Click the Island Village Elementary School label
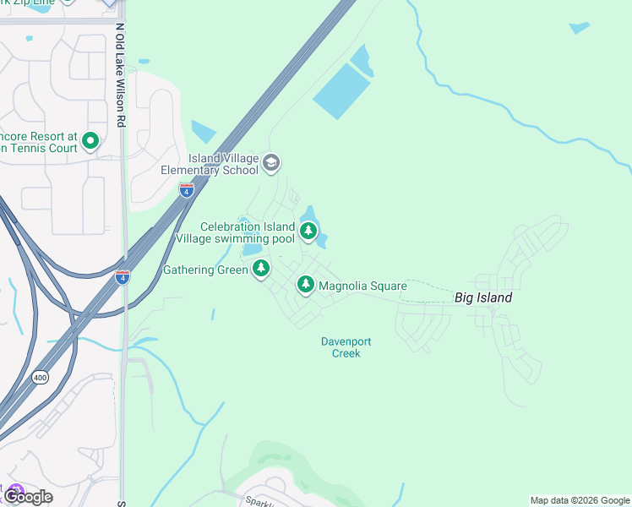click(210, 164)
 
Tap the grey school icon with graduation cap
click(271, 163)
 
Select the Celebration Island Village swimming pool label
click(236, 232)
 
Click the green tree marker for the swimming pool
click(309, 230)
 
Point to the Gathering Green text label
click(204, 270)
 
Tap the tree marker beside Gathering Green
click(262, 269)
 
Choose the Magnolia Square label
click(362, 286)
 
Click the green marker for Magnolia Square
click(305, 285)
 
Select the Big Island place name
click(482, 297)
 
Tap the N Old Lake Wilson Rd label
click(120, 75)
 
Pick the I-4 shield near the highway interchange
click(123, 277)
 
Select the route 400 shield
click(40, 377)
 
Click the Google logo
click(28, 497)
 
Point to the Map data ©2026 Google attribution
click(579, 500)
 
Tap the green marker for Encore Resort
click(91, 141)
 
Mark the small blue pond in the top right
click(579, 28)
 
